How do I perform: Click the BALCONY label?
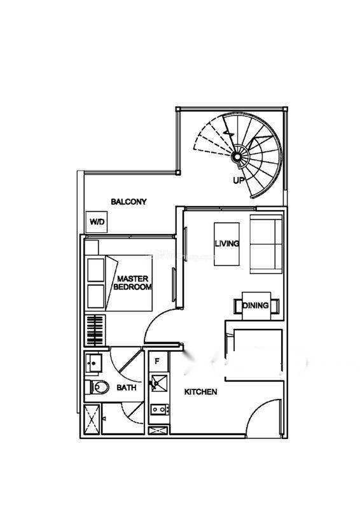pos(128,202)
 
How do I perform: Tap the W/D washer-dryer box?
pos(97,222)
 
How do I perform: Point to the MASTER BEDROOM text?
pos(132,282)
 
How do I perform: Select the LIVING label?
pos(227,244)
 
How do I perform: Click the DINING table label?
pos(256,305)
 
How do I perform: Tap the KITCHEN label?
pos(200,392)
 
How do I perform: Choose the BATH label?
pos(127,387)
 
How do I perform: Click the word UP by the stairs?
pos(239,181)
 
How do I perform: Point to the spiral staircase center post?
pos(237,157)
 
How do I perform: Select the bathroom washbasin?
pos(93,363)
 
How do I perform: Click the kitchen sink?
pos(160,383)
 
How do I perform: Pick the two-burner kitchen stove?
pos(160,410)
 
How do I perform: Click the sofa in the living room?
pos(266,244)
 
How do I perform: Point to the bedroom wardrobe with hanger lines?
pos(95,330)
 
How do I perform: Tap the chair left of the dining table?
pos(238,306)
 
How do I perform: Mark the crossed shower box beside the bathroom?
pos(92,419)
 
